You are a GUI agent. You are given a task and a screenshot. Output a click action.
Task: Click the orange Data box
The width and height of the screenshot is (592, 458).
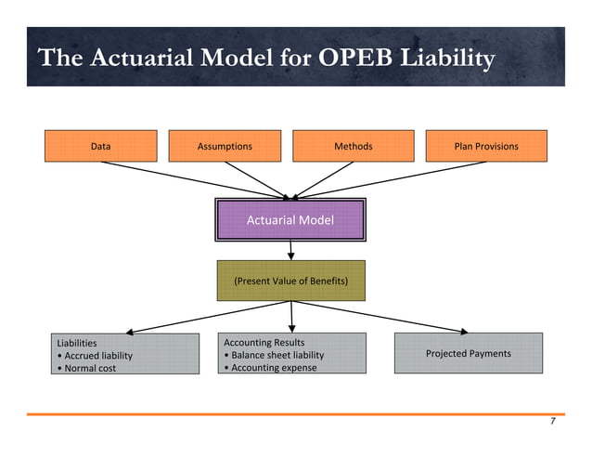(x=101, y=147)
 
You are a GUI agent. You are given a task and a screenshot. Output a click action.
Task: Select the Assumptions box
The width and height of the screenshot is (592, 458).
(x=225, y=147)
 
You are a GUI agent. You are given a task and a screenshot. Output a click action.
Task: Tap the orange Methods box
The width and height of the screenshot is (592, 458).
(x=353, y=147)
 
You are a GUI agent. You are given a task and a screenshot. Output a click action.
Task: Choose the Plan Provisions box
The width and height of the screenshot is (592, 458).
(x=486, y=147)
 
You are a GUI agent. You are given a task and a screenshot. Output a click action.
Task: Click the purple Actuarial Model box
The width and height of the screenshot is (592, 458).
(x=290, y=220)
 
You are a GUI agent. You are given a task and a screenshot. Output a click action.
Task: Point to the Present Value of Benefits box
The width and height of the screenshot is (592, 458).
(x=290, y=280)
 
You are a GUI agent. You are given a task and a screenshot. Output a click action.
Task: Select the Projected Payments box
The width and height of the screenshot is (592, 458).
(x=468, y=354)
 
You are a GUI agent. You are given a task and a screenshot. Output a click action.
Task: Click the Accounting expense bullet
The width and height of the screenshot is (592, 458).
(x=270, y=367)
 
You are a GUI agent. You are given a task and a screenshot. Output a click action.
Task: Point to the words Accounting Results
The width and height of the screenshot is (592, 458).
(x=264, y=343)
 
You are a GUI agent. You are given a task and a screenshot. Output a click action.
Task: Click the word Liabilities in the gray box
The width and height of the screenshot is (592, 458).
(x=77, y=344)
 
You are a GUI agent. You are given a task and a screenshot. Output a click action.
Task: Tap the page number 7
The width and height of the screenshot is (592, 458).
(x=552, y=422)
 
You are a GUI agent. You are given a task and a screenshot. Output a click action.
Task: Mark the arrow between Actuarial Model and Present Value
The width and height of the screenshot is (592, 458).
(x=291, y=249)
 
